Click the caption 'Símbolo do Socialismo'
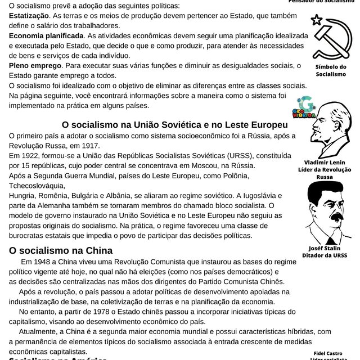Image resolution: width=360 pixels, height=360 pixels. click(x=331, y=70)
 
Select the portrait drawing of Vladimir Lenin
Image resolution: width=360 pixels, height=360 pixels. click(x=329, y=132)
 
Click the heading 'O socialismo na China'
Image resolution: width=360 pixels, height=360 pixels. click(x=61, y=250)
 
